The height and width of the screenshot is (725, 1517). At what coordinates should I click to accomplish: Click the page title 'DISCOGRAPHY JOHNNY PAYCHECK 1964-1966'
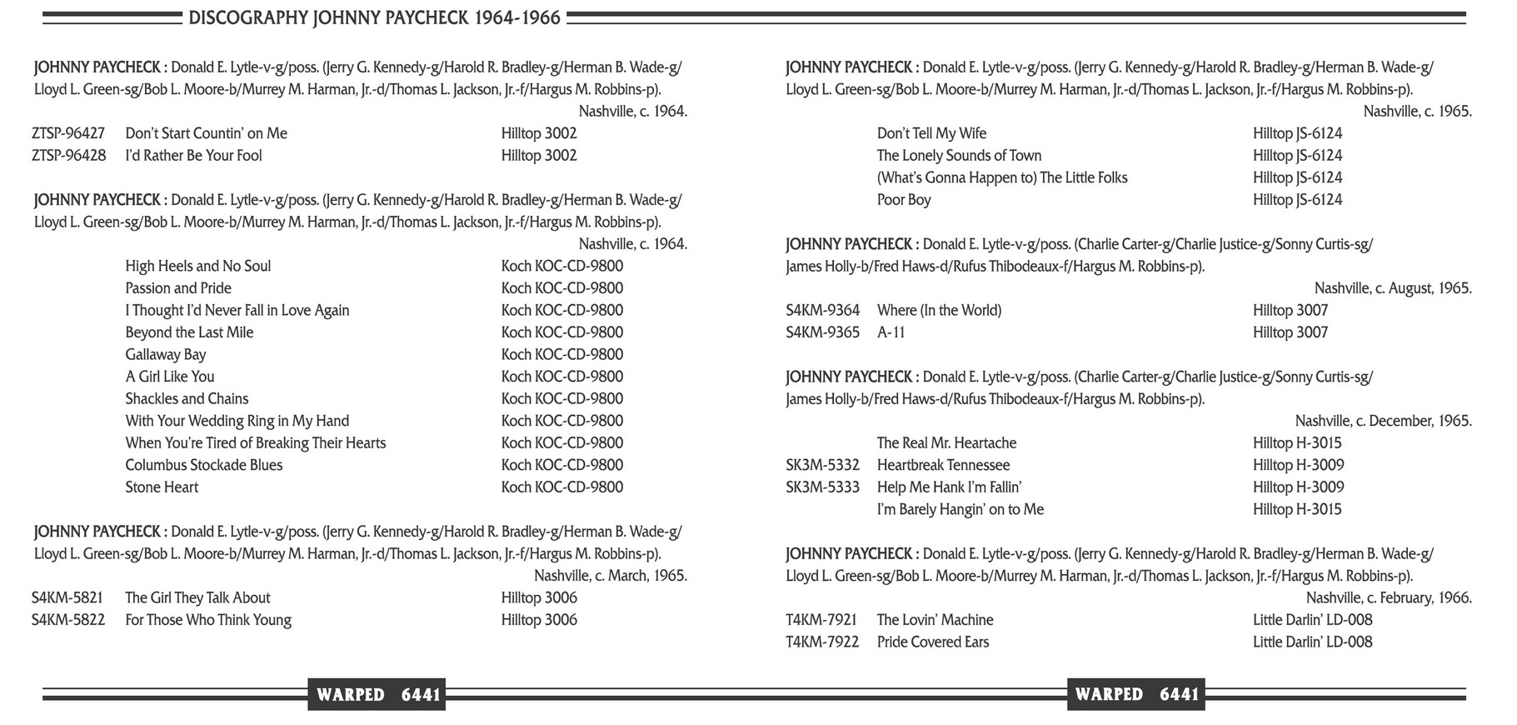point(374,17)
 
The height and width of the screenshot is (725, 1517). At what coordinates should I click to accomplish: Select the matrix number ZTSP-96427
point(68,133)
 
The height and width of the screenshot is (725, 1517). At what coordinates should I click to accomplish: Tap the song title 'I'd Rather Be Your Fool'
point(193,156)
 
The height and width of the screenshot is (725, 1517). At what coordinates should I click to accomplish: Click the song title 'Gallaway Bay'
point(165,354)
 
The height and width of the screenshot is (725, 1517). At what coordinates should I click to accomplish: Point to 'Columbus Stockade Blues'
point(203,465)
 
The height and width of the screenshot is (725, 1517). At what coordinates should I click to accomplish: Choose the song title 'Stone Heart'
point(162,487)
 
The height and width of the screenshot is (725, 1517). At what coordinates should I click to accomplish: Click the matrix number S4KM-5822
point(68,620)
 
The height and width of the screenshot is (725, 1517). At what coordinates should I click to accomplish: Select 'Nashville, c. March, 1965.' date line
point(610,576)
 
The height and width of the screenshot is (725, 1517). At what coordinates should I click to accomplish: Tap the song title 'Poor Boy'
point(904,200)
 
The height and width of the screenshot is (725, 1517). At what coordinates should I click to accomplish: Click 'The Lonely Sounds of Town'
point(959,156)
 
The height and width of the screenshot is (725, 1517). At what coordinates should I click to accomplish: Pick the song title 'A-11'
point(891,332)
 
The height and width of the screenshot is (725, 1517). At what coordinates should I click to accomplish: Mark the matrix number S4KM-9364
point(822,311)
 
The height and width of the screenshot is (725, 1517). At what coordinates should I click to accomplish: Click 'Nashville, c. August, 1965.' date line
point(1393,288)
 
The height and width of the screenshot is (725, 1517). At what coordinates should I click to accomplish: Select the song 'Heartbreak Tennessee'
point(943,465)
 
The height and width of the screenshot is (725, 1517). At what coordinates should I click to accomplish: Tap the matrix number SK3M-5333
point(822,487)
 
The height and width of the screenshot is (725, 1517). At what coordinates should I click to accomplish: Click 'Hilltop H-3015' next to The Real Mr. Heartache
point(1297,443)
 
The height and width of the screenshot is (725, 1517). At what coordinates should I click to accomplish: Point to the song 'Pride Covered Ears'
point(933,642)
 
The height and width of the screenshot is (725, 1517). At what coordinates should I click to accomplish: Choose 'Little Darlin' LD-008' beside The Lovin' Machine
point(1312,620)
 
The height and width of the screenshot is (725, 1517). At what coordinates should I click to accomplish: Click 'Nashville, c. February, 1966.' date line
point(1389,597)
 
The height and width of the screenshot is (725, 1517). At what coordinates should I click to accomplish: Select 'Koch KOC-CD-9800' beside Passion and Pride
point(561,288)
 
